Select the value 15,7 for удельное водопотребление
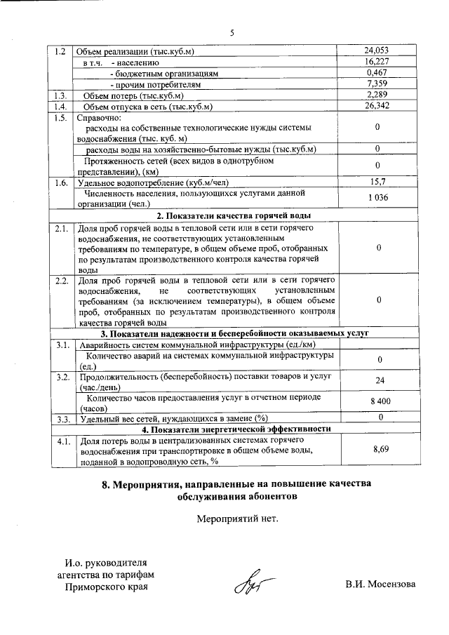(377, 182)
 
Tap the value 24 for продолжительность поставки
(378, 380)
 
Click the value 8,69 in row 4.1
(378, 446)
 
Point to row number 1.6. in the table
(61, 182)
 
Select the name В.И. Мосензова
(380, 585)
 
